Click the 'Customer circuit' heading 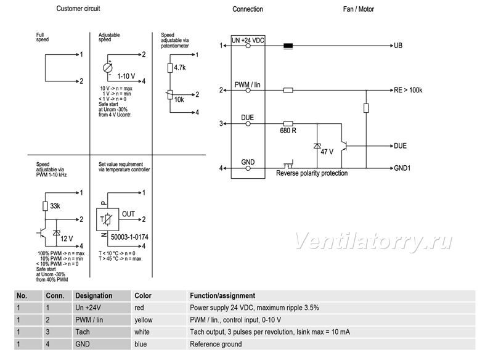(78, 9)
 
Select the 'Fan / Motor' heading (358, 9)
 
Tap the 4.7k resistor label (180, 68)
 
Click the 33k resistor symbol (45, 207)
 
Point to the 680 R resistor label (288, 131)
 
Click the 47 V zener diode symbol (317, 146)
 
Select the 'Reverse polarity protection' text (312, 173)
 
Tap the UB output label (398, 46)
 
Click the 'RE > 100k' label (408, 90)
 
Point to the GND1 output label (402, 168)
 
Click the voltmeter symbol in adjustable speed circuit (107, 68)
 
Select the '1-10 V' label (126, 76)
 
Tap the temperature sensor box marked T (107, 219)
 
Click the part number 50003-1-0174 (129, 237)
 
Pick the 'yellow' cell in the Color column (144, 320)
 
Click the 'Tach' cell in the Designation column (83, 332)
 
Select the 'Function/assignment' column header (222, 296)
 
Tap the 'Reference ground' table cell (216, 344)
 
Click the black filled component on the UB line (288, 46)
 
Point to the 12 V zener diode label (67, 239)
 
